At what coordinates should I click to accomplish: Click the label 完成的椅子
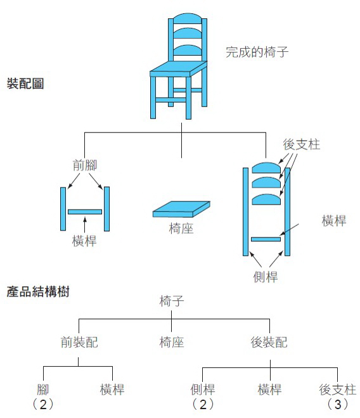pos(257,52)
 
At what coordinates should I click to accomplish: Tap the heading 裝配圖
pos(25,84)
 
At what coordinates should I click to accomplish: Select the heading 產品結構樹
pos(37,292)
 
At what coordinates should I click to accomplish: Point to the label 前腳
pos(84,165)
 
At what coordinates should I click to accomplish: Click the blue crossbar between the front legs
pos(85,212)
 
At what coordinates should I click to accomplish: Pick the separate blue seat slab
pos(181,210)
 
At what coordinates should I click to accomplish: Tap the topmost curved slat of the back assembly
pos(266,168)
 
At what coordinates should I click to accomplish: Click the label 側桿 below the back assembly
pos(266,276)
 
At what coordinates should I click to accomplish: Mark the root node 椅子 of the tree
pos(172,301)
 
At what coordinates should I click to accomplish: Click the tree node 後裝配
pos(269,343)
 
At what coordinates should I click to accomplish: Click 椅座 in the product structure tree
pos(172,343)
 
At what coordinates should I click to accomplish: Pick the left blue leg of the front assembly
pos(63,208)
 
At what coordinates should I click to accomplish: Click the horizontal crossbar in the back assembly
pos(266,239)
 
